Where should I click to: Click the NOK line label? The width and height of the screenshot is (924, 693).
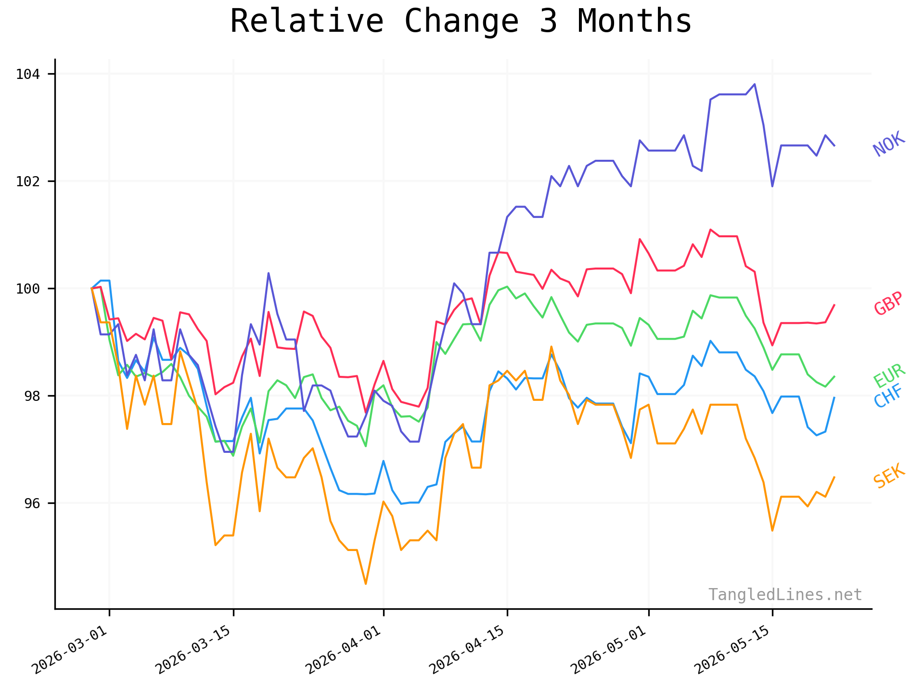[x=889, y=144]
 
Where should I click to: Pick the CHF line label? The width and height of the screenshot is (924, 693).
[x=888, y=397]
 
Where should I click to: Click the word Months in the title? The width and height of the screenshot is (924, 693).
[x=634, y=21]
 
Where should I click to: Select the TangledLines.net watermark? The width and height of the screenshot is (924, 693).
[x=785, y=595]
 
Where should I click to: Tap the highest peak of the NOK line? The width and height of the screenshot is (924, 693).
[x=755, y=84]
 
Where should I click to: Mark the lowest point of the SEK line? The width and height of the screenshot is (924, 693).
[x=366, y=584]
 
